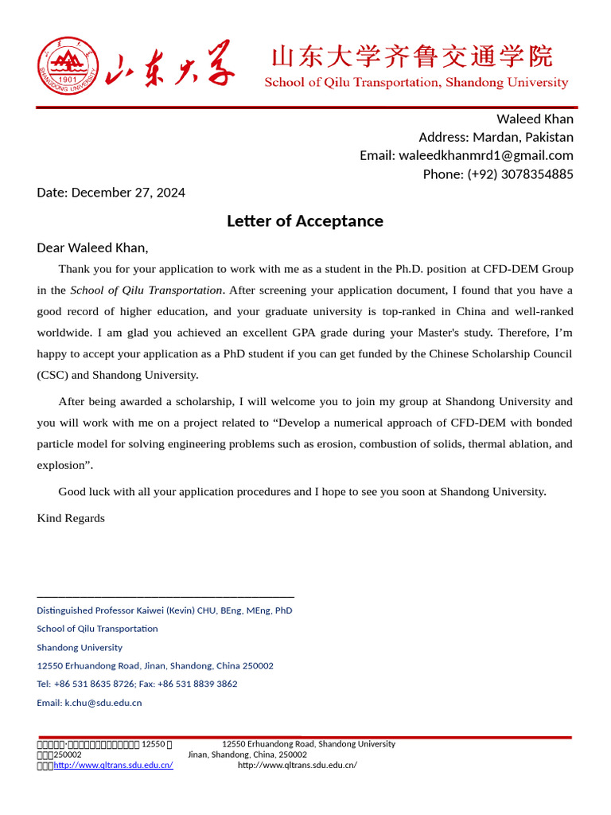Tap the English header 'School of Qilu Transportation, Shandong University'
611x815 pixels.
coord(416,83)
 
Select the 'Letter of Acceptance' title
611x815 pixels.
coord(305,221)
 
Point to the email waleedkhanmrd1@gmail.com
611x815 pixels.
coord(485,155)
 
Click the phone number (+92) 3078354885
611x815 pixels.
coord(520,174)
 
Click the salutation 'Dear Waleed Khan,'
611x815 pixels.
coord(92,248)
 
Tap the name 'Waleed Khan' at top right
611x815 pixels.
coord(535,119)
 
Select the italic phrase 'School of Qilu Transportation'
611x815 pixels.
coord(146,291)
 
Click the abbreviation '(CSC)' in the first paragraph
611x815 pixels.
coord(53,375)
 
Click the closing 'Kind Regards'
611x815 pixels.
coord(71,518)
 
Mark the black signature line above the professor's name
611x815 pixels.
coord(165,596)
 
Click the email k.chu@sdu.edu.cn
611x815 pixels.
coord(103,703)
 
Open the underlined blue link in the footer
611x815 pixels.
coord(113,765)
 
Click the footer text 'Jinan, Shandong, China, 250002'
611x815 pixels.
coord(247,755)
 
